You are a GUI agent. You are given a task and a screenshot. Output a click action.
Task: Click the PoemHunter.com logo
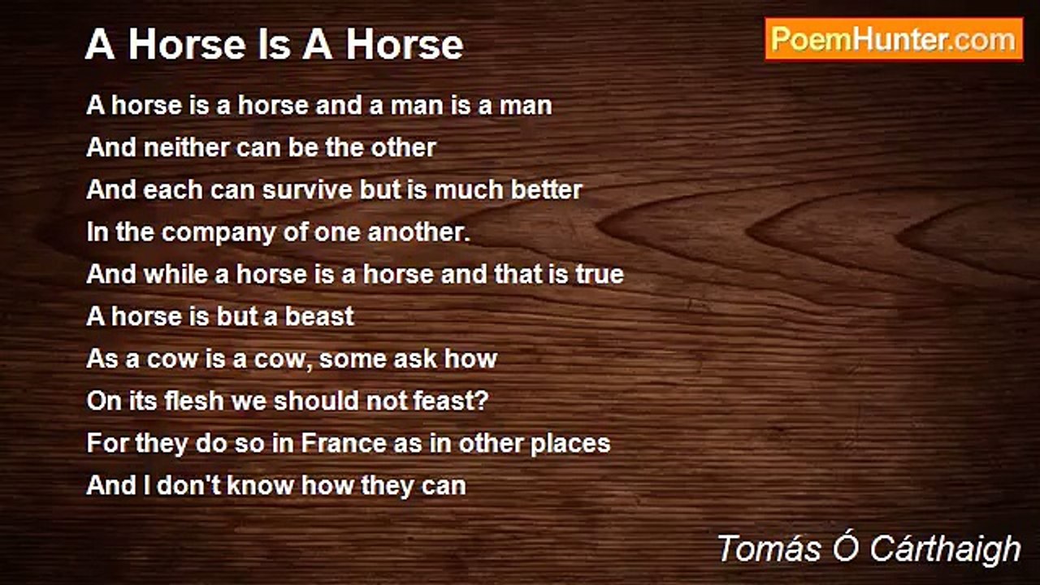click(x=894, y=39)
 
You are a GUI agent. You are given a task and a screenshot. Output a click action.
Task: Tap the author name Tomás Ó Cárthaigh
click(x=869, y=549)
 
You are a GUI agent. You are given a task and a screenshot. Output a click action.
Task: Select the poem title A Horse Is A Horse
click(x=274, y=45)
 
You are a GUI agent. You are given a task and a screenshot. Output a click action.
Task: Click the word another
click(x=419, y=232)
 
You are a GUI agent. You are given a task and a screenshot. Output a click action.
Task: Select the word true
click(x=600, y=275)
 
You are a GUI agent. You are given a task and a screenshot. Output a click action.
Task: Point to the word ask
click(x=414, y=359)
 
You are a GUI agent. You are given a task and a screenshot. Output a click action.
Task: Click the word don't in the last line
click(x=184, y=486)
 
